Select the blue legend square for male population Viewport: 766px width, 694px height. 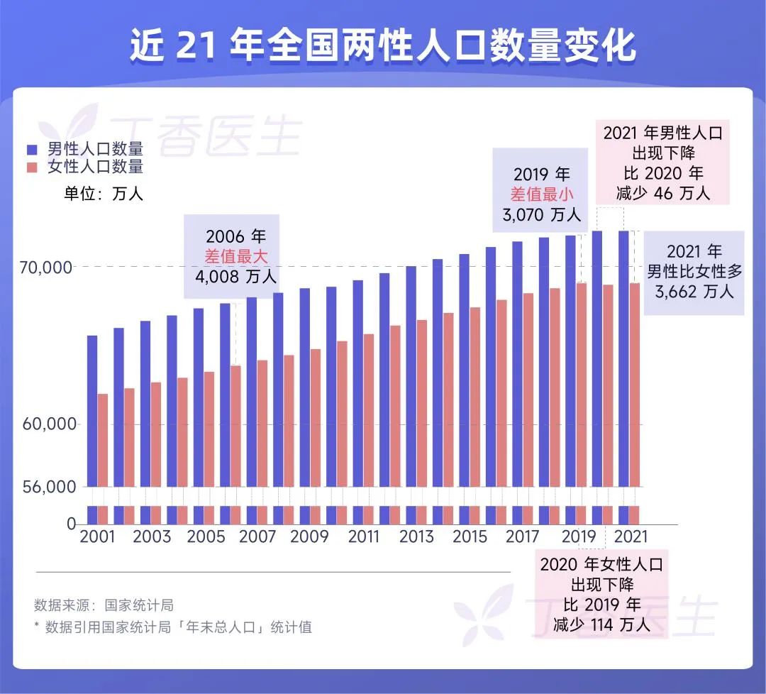pyautogui.click(x=32, y=150)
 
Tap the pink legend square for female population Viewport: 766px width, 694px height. pyautogui.click(x=32, y=167)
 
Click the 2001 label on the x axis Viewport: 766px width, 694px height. pyautogui.click(x=97, y=536)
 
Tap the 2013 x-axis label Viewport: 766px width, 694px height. pyautogui.click(x=416, y=536)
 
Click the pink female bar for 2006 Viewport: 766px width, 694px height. pyautogui.click(x=235, y=426)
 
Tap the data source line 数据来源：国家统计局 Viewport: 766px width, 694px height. pyautogui.click(x=104, y=605)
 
